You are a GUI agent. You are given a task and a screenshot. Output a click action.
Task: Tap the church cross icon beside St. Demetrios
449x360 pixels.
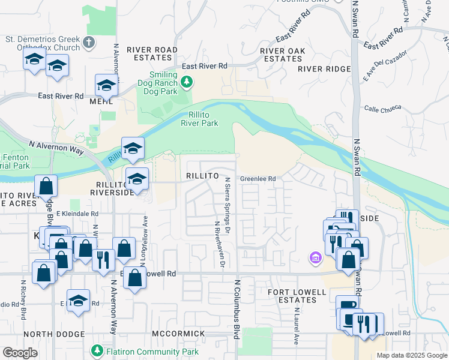tap(89, 42)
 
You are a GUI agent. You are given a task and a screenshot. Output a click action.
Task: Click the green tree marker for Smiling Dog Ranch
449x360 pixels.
tap(187, 81)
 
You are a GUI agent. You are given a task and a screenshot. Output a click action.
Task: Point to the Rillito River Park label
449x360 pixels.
tap(199, 120)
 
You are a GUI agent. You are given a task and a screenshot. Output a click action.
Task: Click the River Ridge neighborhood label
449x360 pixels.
tap(324, 69)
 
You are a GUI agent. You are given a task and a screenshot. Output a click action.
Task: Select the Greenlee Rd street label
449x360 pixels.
tap(258, 179)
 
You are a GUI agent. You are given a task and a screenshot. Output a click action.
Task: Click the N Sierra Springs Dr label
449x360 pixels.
tap(227, 201)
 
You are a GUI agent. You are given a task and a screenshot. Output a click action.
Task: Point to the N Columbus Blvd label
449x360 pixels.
tap(237, 308)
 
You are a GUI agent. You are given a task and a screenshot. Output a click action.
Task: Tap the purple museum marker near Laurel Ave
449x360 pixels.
tap(315, 258)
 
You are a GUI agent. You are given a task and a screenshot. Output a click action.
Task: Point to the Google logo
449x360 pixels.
tap(20, 353)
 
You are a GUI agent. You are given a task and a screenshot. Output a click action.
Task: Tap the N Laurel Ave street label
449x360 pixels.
tap(296, 326)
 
